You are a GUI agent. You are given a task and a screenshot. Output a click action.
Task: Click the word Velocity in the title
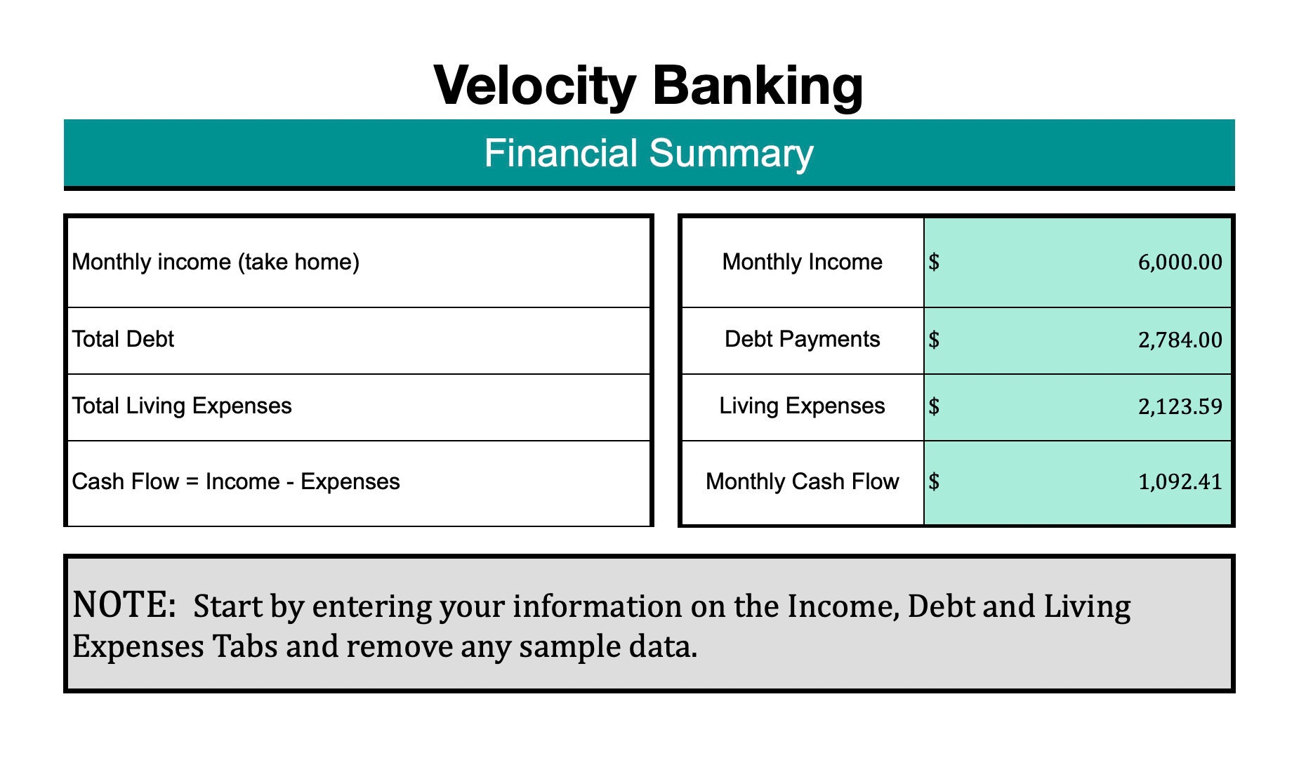[x=535, y=86]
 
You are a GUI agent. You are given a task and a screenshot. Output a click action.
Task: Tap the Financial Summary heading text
[x=649, y=153]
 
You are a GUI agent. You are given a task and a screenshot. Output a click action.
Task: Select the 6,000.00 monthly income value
[x=1180, y=262]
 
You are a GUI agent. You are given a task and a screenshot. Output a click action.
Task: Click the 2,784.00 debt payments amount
[x=1180, y=340]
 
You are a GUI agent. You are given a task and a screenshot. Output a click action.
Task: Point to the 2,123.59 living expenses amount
[x=1180, y=407]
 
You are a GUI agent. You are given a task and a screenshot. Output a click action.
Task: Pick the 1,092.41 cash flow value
[x=1180, y=482]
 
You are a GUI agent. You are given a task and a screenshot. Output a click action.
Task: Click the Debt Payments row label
[x=802, y=340]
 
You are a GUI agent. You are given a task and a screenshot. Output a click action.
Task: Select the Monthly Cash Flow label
[x=802, y=482]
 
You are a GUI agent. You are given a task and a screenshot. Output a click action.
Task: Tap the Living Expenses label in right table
[x=802, y=406]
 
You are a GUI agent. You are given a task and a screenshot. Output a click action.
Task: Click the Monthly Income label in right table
[x=802, y=262]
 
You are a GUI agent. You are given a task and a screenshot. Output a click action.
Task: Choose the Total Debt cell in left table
[x=123, y=340]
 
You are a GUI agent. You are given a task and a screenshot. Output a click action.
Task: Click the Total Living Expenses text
[x=182, y=406]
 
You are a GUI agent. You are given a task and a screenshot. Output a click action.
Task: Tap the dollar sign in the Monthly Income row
[x=934, y=262]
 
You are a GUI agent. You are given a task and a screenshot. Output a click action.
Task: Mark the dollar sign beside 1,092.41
[x=934, y=481]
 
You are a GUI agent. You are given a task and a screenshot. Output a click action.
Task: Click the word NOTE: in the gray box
[x=124, y=605]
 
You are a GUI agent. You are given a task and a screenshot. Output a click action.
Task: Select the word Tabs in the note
[x=245, y=646]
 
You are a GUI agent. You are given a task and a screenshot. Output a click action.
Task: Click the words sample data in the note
[x=608, y=646]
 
